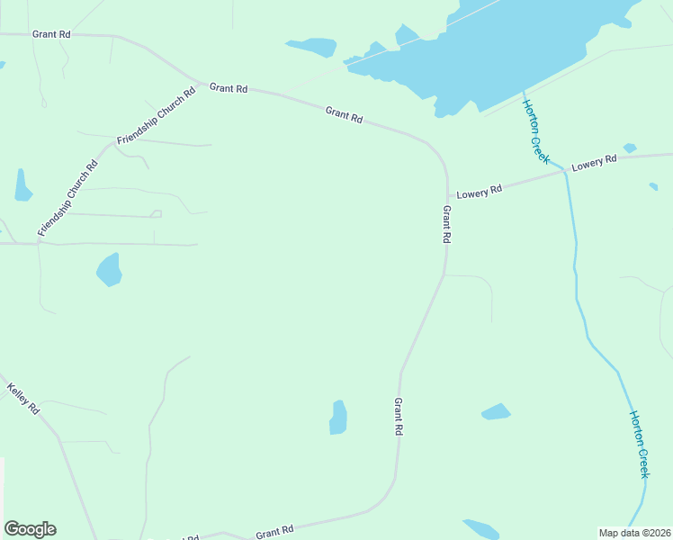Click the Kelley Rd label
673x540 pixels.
[x=23, y=399]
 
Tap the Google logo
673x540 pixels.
[x=30, y=529]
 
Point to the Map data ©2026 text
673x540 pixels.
[x=635, y=533]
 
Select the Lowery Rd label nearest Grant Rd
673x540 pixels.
[x=479, y=191]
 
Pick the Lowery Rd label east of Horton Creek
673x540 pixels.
[x=594, y=161]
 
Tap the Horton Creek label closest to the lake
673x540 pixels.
[x=535, y=131]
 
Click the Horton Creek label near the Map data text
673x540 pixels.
[x=638, y=444]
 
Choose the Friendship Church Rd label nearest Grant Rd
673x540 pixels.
[x=157, y=117]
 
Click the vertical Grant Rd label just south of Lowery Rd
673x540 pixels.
[x=445, y=225]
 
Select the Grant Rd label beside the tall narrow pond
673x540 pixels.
[x=398, y=418]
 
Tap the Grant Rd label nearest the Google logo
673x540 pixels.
[x=274, y=532]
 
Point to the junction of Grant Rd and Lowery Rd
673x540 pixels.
[x=447, y=196]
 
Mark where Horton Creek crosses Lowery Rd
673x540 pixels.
[x=564, y=170]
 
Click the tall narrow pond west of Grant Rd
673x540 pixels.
[x=338, y=417]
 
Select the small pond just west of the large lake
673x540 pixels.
[x=311, y=47]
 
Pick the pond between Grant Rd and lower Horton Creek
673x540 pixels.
[x=496, y=411]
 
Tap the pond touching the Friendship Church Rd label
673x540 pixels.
[x=23, y=185]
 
